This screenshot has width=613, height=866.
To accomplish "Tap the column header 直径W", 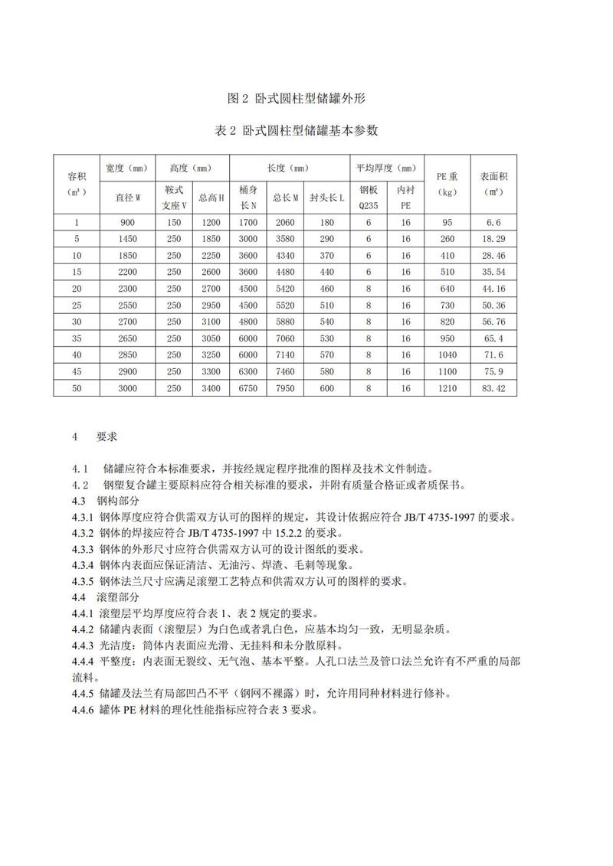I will click(x=128, y=198).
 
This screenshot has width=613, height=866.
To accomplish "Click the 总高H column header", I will click(x=211, y=198).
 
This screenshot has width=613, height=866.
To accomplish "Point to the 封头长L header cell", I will click(x=327, y=198).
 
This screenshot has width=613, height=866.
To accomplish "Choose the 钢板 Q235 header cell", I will click(x=369, y=198).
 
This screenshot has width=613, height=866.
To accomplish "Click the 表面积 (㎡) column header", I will click(x=492, y=184).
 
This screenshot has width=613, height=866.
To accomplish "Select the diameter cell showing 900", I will click(x=128, y=222).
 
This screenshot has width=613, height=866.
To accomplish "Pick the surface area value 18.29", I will click(x=492, y=239).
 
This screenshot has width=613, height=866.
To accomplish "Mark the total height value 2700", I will click(x=211, y=289).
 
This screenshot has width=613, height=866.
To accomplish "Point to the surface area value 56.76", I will click(x=492, y=322).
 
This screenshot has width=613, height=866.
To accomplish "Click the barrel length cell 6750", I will click(x=247, y=388).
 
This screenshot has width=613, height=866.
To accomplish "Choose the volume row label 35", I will click(x=76, y=338).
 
